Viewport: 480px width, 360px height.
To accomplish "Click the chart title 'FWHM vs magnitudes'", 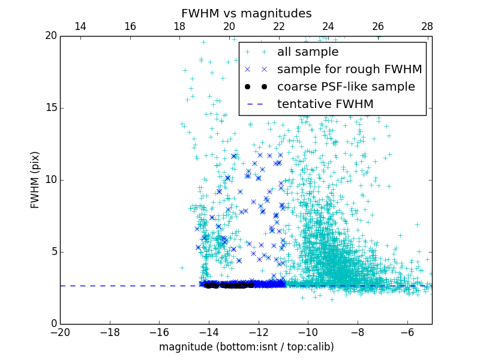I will tap(246, 13).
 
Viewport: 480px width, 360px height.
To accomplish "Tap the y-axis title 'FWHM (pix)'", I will tap(35, 180).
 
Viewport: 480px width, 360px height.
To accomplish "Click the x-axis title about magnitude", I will tap(246, 347).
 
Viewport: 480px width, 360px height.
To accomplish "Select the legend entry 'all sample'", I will tap(308, 52).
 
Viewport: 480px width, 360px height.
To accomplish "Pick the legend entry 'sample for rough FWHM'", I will tap(349, 70).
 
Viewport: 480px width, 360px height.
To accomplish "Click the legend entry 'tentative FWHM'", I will tap(325, 104).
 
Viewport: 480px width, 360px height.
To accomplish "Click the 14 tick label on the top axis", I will tap(80, 26).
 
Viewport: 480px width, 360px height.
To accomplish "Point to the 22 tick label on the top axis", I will tap(278, 26).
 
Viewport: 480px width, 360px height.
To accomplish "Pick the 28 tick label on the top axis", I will tap(427, 26).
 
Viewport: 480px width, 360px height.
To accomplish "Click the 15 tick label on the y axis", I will tap(49, 108).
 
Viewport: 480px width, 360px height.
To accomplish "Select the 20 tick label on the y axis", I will tap(49, 36).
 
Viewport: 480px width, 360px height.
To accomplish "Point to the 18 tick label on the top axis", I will tap(179, 26).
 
